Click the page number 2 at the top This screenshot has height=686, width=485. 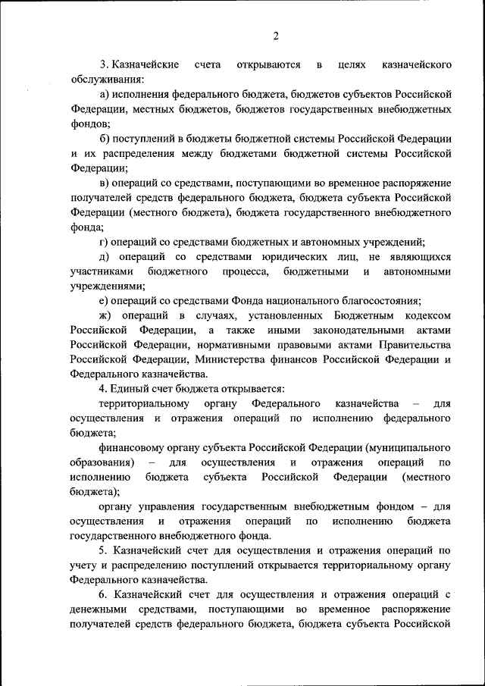[277, 36]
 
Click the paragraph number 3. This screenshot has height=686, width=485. [103, 65]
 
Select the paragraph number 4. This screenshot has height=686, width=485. [103, 388]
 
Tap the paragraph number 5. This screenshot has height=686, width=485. [103, 550]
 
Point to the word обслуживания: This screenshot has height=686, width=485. [107, 80]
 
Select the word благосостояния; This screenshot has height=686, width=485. [377, 300]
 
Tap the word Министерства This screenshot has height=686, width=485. [233, 359]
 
